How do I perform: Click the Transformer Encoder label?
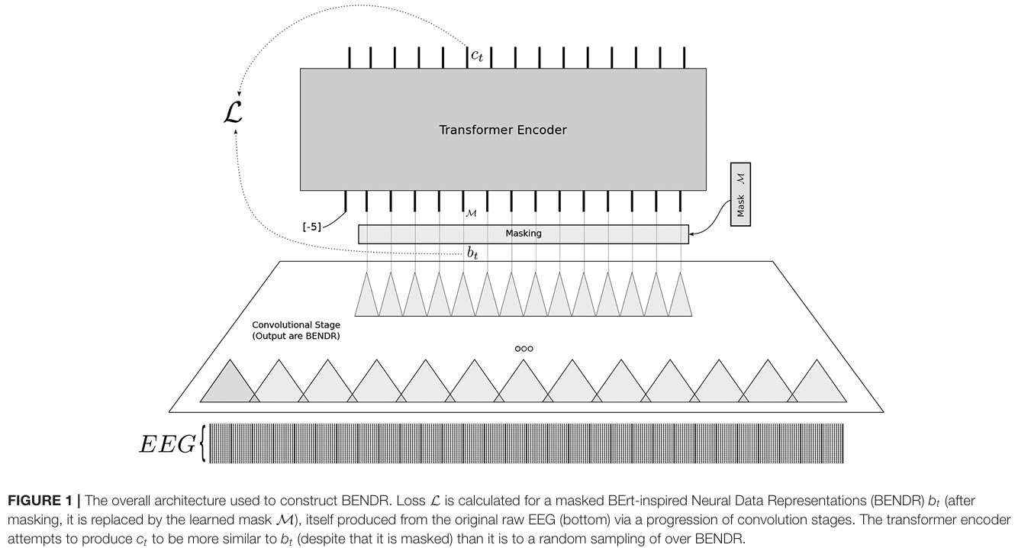[x=502, y=130]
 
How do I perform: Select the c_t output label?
[x=477, y=55]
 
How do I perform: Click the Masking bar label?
[x=523, y=234]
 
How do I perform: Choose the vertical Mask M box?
[x=740, y=194]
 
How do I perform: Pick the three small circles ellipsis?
[x=524, y=349]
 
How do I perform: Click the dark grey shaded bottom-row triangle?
[x=227, y=382]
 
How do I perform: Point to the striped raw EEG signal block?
[x=527, y=443]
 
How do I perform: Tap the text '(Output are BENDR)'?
[x=296, y=336]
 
